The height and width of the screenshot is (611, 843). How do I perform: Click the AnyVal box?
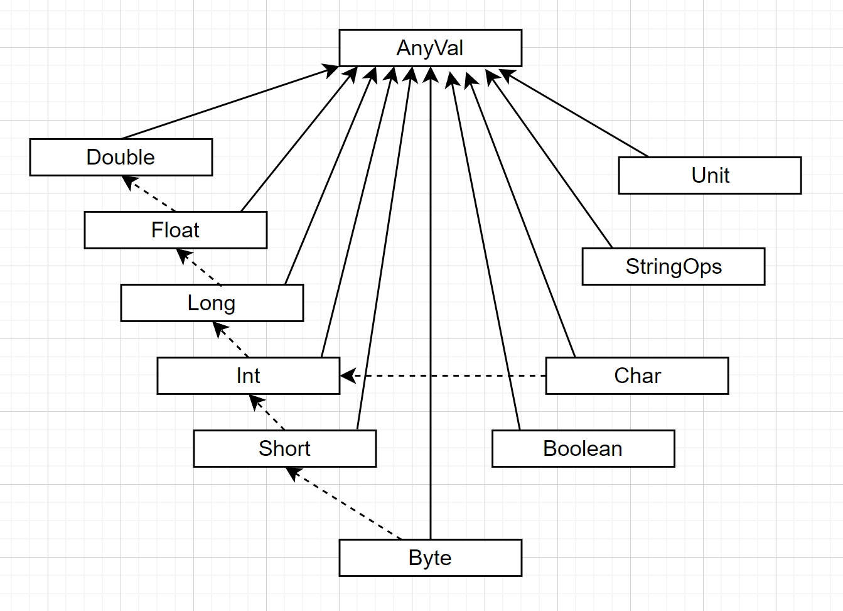430,48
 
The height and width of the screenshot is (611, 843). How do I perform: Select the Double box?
121,157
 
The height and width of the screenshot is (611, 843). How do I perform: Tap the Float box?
175,230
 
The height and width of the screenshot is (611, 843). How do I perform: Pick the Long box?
212,303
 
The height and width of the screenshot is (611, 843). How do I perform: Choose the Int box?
248,376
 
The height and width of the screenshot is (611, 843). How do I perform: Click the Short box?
284,448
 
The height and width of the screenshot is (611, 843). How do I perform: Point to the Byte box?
430,558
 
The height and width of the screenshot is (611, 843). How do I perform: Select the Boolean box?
583,448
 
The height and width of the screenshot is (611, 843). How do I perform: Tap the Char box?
636,376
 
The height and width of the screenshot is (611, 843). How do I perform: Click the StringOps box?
673,266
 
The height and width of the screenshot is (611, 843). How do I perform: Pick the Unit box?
709,175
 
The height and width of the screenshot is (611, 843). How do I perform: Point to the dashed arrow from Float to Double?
151,194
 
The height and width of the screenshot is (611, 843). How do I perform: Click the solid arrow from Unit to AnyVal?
574,114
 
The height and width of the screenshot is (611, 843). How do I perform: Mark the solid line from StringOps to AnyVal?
550,160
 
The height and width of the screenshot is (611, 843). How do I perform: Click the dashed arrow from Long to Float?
200,268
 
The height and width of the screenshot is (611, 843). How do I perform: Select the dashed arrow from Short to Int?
268,413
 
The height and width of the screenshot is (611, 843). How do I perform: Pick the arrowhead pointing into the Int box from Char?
347,376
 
